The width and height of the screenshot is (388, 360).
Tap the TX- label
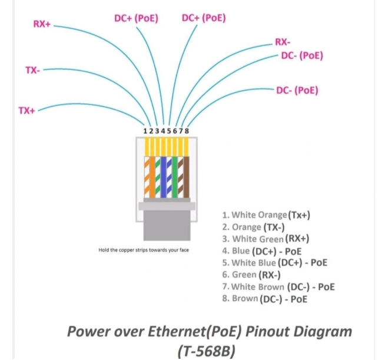click(x=33, y=71)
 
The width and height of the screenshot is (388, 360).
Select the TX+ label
click(x=27, y=110)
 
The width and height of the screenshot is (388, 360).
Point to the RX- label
click(x=283, y=42)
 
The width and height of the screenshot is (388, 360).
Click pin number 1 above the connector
click(x=145, y=130)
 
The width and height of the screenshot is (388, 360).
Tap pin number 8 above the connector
click(x=187, y=130)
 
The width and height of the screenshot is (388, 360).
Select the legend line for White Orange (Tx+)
click(x=266, y=215)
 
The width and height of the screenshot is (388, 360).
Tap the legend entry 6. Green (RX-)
click(x=251, y=275)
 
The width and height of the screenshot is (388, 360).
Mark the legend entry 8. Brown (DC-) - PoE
click(x=265, y=299)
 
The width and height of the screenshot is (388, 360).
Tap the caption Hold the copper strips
click(x=144, y=250)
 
